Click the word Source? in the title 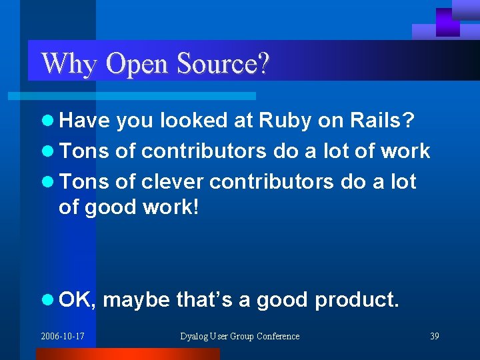click(x=223, y=64)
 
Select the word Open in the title click(x=137, y=64)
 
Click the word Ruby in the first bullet click(x=285, y=121)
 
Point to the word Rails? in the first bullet click(x=383, y=121)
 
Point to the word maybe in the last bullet click(x=137, y=300)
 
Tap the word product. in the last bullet click(x=357, y=300)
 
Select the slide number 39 click(x=434, y=336)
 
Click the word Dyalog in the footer click(x=195, y=336)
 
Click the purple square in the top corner click(x=447, y=21)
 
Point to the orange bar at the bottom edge click(x=127, y=354)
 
